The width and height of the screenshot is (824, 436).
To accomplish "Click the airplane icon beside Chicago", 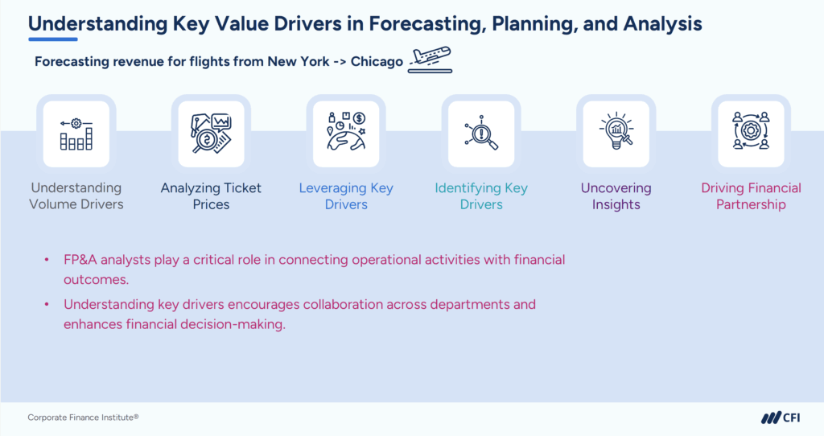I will pyautogui.click(x=430, y=60).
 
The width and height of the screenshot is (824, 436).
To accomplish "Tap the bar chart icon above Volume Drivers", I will pyautogui.click(x=76, y=134).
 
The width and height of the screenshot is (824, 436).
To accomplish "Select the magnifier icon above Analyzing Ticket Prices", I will pyautogui.click(x=211, y=134).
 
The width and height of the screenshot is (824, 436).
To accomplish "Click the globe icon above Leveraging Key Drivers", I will pyautogui.click(x=346, y=134).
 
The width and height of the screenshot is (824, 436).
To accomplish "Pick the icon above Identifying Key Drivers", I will pyautogui.click(x=481, y=134).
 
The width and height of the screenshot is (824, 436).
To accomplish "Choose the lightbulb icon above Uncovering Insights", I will pyautogui.click(x=616, y=134).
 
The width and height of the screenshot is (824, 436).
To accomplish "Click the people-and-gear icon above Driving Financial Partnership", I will pyautogui.click(x=751, y=134).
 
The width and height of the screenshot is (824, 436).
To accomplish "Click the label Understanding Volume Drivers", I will pyautogui.click(x=76, y=196).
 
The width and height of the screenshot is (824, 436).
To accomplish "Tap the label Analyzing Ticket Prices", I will pyautogui.click(x=211, y=196).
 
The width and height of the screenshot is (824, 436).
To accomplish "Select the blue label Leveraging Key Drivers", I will pyautogui.click(x=346, y=196).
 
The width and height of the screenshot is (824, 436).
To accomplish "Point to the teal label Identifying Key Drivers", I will pyautogui.click(x=481, y=196).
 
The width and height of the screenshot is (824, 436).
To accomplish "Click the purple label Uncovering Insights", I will pyautogui.click(x=616, y=196).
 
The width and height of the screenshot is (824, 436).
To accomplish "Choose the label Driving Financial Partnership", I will pyautogui.click(x=751, y=196).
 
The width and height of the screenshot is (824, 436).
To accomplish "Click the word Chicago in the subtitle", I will pyautogui.click(x=377, y=62).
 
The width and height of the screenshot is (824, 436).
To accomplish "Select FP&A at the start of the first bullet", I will pyautogui.click(x=81, y=261).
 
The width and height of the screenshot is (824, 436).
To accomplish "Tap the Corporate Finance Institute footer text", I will pyautogui.click(x=83, y=417).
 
